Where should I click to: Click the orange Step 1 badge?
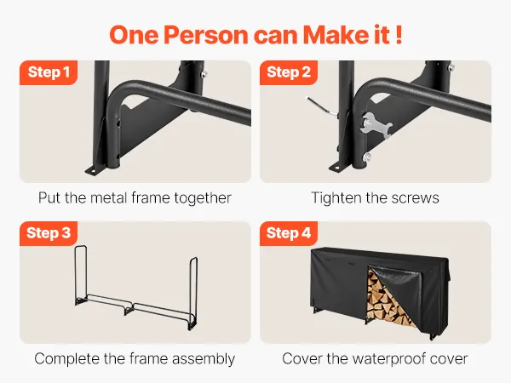[x=49, y=72]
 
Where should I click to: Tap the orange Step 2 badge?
[x=289, y=72]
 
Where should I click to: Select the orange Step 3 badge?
[x=49, y=233]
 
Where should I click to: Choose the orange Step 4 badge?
[x=289, y=233]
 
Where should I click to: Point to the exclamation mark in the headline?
[x=399, y=34]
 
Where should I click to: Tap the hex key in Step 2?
[x=322, y=106]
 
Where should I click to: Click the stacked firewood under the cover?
[x=386, y=299]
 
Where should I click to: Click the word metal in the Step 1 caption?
[x=108, y=197]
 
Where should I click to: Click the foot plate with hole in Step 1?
[x=95, y=170]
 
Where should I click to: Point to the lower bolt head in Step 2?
[x=367, y=157]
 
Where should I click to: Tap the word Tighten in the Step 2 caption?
[x=336, y=198]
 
